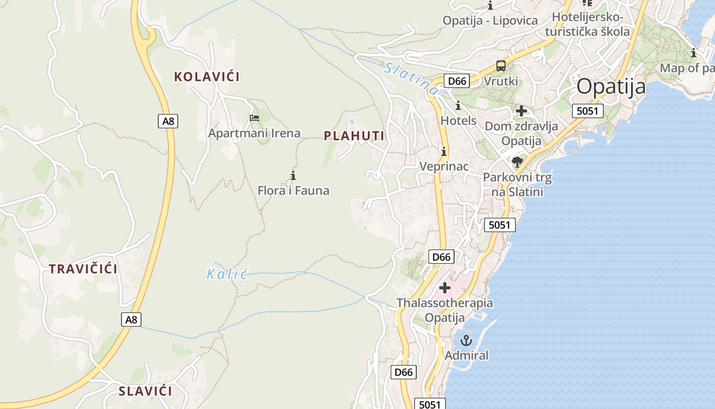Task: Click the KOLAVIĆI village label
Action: tap(207, 77)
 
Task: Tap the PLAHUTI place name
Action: tap(354, 135)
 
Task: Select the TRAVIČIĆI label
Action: tap(83, 269)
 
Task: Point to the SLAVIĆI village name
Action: tap(145, 392)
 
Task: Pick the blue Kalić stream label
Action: tap(227, 275)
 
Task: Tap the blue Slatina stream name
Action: tap(412, 78)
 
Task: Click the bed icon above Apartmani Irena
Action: tap(254, 118)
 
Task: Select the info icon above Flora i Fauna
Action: tap(293, 176)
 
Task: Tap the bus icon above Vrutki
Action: tap(501, 66)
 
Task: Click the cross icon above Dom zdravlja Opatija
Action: tap(521, 111)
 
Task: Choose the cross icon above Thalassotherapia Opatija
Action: tap(445, 288)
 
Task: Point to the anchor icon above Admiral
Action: tap(466, 340)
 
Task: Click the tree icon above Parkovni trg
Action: tap(517, 163)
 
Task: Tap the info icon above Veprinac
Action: tap(444, 151)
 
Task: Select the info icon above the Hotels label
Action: tap(458, 106)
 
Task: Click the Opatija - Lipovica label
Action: tap(490, 20)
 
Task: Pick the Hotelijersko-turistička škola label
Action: tap(587, 24)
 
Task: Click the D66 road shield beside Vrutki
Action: tap(456, 81)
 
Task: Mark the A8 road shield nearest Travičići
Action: tap(131, 320)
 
